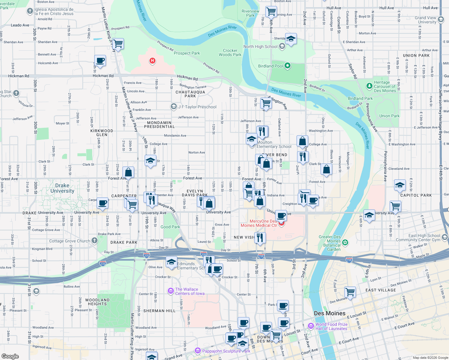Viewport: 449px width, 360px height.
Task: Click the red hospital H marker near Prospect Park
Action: pyautogui.click(x=152, y=61)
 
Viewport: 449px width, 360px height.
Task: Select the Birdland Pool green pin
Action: pyautogui.click(x=287, y=66)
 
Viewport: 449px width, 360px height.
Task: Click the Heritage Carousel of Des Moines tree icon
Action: pyautogui.click(x=369, y=86)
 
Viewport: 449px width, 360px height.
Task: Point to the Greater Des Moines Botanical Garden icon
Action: pyautogui.click(x=345, y=242)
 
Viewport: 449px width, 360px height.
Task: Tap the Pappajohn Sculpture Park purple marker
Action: pyautogui.click(x=197, y=350)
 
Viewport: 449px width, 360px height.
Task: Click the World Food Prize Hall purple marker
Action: pyautogui.click(x=311, y=326)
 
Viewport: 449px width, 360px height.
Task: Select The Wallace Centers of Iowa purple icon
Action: pyautogui.click(x=171, y=291)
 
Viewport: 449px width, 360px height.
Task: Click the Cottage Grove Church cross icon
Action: pyautogui.click(x=94, y=240)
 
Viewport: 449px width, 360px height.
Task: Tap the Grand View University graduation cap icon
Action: pyautogui.click(x=441, y=20)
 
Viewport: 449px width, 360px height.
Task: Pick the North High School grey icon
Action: pyautogui.click(x=282, y=46)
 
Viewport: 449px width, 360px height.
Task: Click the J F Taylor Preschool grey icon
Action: pyautogui.click(x=173, y=106)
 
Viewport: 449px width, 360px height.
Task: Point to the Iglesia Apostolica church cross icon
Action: pyautogui.click(x=30, y=11)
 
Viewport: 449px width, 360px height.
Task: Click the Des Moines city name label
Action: pyautogui.click(x=330, y=313)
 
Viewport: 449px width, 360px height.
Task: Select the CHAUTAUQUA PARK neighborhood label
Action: pyautogui.click(x=190, y=94)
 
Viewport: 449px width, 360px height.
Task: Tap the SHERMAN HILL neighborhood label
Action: pyautogui.click(x=159, y=311)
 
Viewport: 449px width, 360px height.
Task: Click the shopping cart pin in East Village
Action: pyautogui.click(x=350, y=291)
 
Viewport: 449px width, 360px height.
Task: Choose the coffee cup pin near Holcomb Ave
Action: pyautogui.click(x=100, y=60)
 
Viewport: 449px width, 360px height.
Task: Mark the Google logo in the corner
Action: pyautogui.click(x=10, y=356)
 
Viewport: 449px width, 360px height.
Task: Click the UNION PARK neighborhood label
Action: pyautogui.click(x=416, y=55)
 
